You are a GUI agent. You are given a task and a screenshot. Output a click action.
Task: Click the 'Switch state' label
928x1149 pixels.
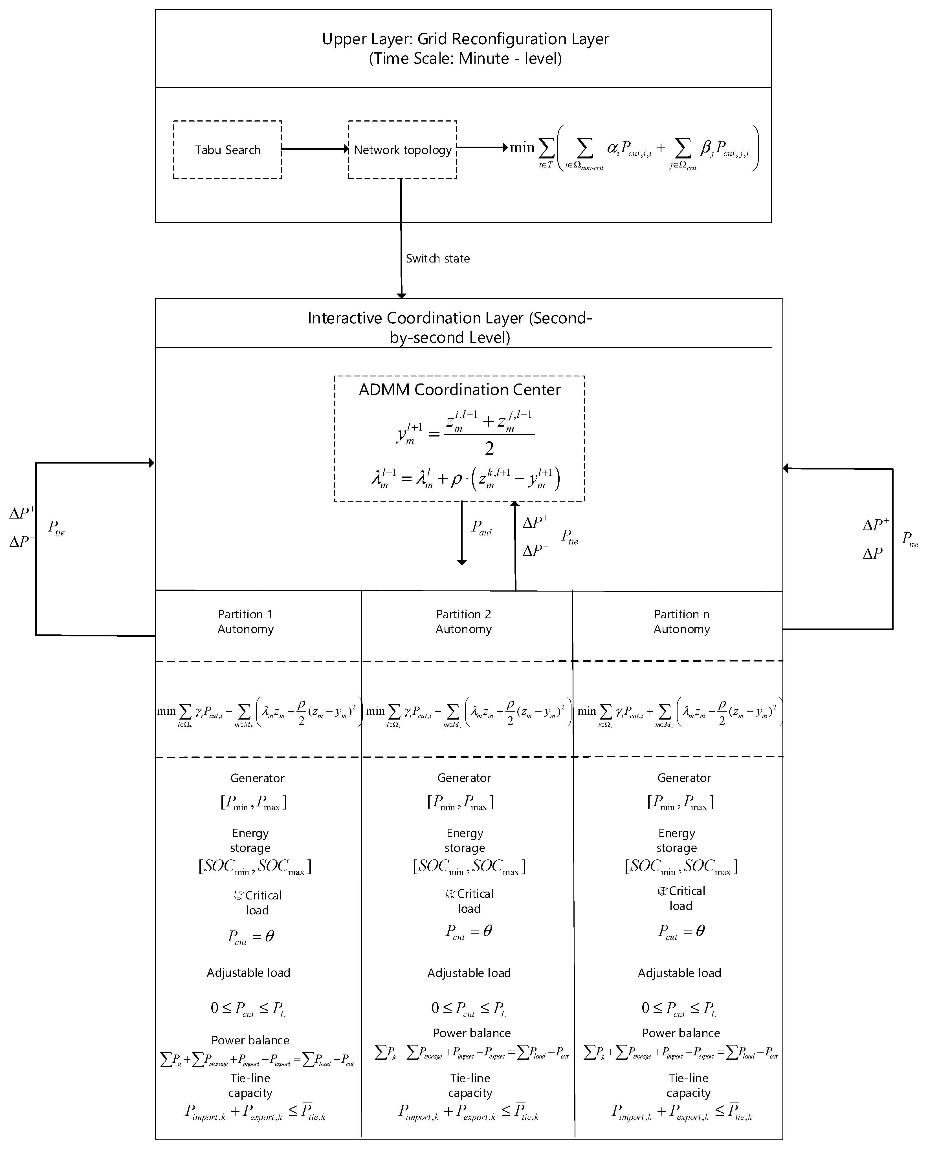coord(437,259)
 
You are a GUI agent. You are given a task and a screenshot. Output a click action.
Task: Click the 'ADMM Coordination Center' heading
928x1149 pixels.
coord(459,390)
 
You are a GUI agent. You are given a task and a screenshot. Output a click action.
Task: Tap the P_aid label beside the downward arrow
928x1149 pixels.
coord(481,528)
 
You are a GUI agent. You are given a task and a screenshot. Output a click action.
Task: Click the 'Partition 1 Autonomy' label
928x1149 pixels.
coord(245,621)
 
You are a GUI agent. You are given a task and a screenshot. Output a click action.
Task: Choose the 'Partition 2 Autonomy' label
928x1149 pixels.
coord(463,621)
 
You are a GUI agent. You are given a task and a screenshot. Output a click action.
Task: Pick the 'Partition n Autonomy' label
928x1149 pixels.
coord(681,621)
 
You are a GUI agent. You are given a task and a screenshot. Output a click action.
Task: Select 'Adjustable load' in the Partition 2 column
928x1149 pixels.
coord(469,973)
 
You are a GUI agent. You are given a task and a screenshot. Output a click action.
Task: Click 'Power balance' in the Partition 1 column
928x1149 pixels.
coord(250,1040)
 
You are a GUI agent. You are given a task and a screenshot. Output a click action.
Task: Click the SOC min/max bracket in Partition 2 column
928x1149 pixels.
coord(469,866)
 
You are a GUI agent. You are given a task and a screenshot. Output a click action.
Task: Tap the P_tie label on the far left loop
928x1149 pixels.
coord(56,528)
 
